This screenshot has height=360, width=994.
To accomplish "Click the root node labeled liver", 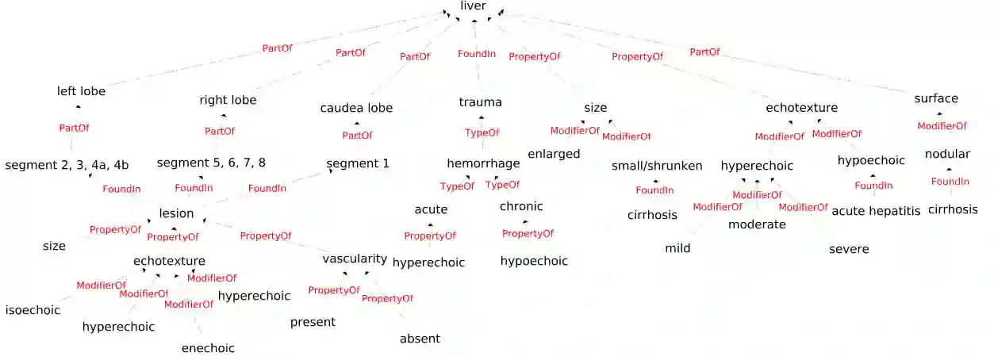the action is click(x=473, y=6).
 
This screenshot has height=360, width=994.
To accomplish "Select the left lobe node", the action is click(x=81, y=91).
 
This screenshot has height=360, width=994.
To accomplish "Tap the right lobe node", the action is click(x=228, y=101).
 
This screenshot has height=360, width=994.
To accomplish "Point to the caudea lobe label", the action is click(x=356, y=108).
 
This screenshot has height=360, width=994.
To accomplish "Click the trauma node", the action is click(x=480, y=102).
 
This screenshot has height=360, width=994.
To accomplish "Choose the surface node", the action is click(x=936, y=99).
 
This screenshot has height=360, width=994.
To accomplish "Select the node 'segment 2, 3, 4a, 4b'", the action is click(x=67, y=166).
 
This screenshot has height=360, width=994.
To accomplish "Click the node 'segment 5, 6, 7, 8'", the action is click(x=211, y=163).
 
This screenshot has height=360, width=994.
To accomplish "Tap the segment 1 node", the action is click(x=358, y=164).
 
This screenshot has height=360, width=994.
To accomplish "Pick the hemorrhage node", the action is click(x=483, y=164).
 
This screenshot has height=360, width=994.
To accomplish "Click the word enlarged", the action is click(x=554, y=155).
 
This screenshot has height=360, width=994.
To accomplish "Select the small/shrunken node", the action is click(x=657, y=167).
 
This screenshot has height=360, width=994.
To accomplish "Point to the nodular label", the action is click(x=947, y=154).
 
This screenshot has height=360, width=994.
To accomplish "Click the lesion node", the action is click(x=176, y=213).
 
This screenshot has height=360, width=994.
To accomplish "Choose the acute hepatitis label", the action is click(x=875, y=211).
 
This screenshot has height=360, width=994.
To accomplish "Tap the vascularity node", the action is click(x=355, y=259).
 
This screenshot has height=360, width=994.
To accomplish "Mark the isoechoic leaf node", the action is click(x=33, y=310).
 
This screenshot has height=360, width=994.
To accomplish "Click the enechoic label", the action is click(x=208, y=348).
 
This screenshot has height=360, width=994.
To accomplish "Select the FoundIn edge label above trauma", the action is click(x=477, y=54).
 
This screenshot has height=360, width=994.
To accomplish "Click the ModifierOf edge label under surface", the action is click(x=942, y=126).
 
